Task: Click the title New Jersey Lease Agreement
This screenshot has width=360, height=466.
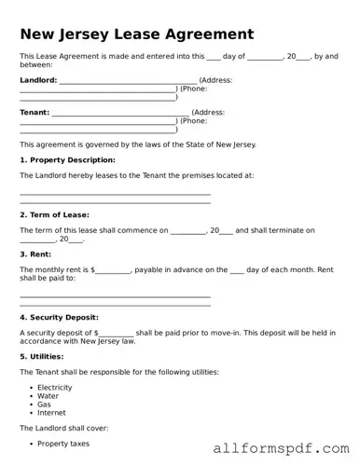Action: pyautogui.click(x=136, y=34)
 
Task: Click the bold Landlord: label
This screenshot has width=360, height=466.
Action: pyautogui.click(x=38, y=80)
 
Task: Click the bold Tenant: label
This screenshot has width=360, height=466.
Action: pyautogui.click(x=35, y=113)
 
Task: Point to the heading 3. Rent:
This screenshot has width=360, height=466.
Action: pyautogui.click(x=36, y=254)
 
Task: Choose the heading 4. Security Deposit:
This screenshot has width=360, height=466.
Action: pyautogui.click(x=61, y=317)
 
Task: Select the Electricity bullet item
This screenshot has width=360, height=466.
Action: pyautogui.click(x=54, y=387)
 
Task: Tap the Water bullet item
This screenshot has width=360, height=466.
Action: pyautogui.click(x=48, y=395)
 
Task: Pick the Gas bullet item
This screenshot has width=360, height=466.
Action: pyautogui.click(x=44, y=404)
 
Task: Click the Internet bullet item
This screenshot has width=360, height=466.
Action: pyautogui.click(x=51, y=413)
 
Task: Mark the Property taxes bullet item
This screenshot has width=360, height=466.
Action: pyautogui.click(x=63, y=444)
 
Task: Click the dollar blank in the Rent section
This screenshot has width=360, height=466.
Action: pyautogui.click(x=113, y=270)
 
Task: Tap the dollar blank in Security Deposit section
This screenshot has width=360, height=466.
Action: pyautogui.click(x=117, y=333)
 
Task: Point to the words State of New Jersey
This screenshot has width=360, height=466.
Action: pyautogui.click(x=219, y=144)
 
